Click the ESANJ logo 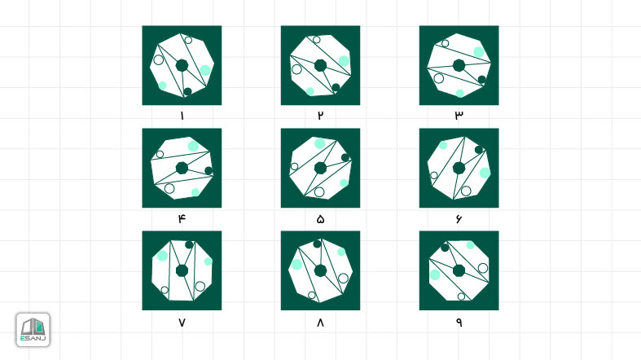click(x=33, y=330)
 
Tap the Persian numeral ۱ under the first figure click(x=182, y=116)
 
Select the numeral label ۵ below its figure click(x=320, y=219)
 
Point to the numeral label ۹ click(x=459, y=322)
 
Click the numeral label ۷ click(x=182, y=323)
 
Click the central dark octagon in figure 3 click(x=459, y=65)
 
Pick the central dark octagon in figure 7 click(x=182, y=270)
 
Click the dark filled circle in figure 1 click(x=187, y=91)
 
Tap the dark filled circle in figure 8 click(x=317, y=244)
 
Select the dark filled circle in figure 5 click(x=345, y=158)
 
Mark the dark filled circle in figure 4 click(x=209, y=171)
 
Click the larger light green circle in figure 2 click(x=344, y=61)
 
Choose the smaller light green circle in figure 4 click(x=195, y=192)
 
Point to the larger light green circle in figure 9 click(x=435, y=274)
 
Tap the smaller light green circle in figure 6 click(x=443, y=146)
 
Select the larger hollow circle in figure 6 click(x=466, y=191)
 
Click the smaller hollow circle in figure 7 click(x=165, y=290)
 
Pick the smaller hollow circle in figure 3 click(x=446, y=43)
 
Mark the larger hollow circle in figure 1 click(x=159, y=59)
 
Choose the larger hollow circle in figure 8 click(x=344, y=279)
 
